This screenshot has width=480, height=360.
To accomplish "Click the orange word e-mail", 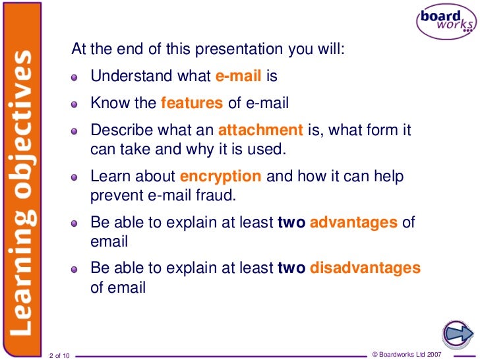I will [x=239, y=76].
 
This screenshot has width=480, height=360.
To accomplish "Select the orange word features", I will [x=192, y=103].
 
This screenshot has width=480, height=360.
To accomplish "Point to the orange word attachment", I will [x=260, y=130].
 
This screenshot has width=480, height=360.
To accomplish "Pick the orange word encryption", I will [x=221, y=177].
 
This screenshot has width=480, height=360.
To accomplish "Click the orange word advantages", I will [x=353, y=223].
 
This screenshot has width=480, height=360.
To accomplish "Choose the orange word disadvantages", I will [x=365, y=268].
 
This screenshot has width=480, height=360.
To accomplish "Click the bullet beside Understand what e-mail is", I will [x=76, y=78].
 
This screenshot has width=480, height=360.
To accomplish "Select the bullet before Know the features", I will [x=76, y=104].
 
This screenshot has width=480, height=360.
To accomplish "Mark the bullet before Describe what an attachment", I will [x=76, y=131].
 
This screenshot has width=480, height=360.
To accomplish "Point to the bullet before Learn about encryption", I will [x=76, y=178].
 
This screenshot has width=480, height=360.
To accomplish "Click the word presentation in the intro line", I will [x=243, y=50].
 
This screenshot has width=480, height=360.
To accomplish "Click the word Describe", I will [x=117, y=130].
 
